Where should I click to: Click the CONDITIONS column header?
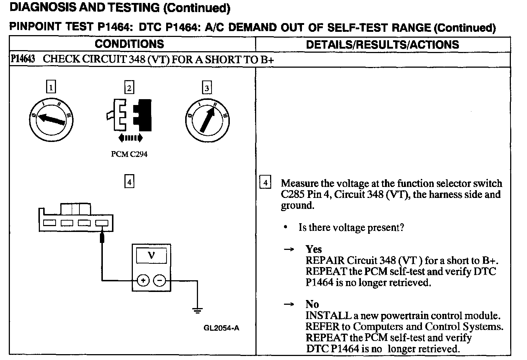pos(129,44)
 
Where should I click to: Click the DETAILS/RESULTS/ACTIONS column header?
pos(382,45)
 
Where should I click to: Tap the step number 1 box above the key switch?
pos(51,87)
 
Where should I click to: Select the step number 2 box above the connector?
pos(129,88)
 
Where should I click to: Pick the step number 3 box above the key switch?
pos(207,88)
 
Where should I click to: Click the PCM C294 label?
pos(129,154)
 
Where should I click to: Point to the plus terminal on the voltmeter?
pos(143,281)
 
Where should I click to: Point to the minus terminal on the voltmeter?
pos(160,281)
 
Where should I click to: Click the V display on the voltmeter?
pos(151,255)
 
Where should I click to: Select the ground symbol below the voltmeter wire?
pos(197,311)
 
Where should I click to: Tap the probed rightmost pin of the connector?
pos(101,223)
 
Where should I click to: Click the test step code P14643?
pos(23,59)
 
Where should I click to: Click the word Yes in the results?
pos(314,250)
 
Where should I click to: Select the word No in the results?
pos(312,304)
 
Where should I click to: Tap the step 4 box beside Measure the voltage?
pos(265,183)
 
